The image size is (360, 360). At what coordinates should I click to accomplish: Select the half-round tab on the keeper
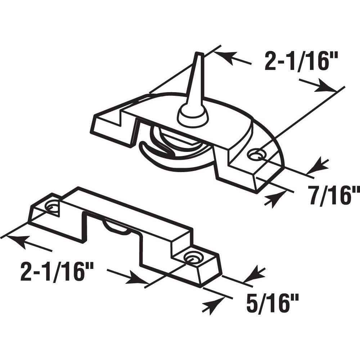click(x=116, y=228)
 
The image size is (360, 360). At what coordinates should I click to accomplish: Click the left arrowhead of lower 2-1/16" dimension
click(x=16, y=240)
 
